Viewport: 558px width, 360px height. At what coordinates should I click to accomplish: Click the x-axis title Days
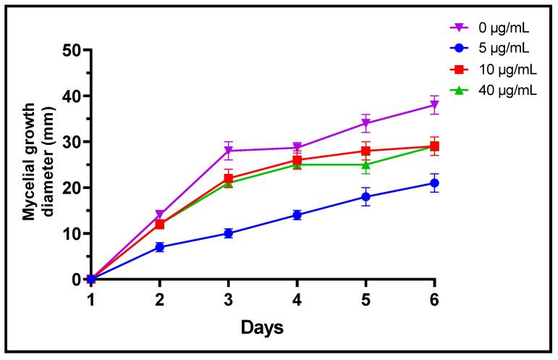(x=263, y=327)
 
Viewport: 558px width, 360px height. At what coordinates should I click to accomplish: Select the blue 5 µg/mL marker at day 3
(x=229, y=233)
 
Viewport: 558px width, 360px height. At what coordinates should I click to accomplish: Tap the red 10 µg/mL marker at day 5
(x=366, y=151)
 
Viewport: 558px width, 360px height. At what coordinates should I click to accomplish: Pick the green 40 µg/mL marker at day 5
(x=366, y=164)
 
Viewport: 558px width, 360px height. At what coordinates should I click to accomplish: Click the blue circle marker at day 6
(x=435, y=183)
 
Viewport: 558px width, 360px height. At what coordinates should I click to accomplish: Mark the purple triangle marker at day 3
(x=229, y=151)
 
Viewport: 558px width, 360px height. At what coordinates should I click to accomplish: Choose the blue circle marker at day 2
(x=160, y=247)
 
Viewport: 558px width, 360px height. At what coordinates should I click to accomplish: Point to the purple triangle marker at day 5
(x=366, y=123)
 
